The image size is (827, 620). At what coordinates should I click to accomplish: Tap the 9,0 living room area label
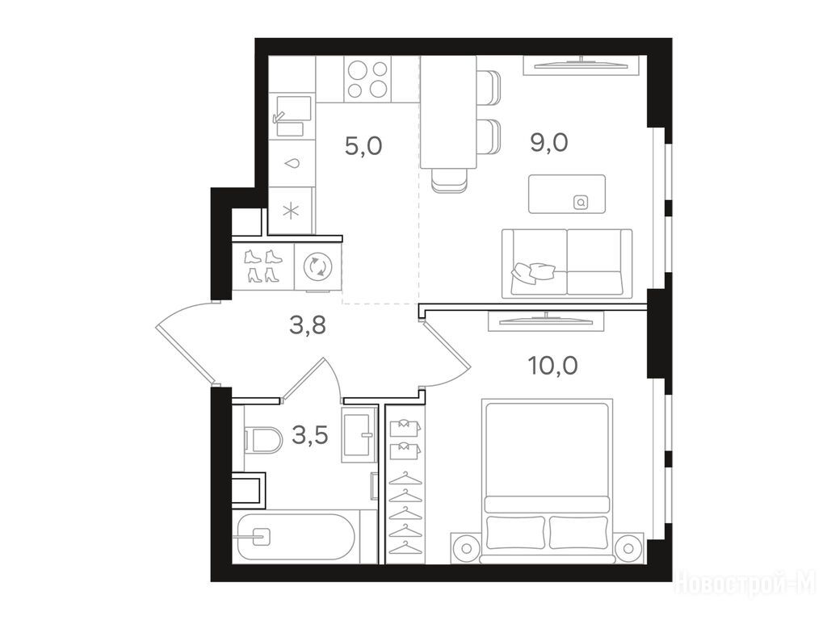(549, 142)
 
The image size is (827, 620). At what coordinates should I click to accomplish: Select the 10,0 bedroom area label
(552, 366)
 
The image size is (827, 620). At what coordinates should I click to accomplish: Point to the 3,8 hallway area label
(308, 325)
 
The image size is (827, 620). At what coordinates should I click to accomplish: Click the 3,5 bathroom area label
(310, 436)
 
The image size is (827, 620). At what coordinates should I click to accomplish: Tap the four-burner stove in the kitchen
(368, 79)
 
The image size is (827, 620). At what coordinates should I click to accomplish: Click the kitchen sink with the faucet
(291, 116)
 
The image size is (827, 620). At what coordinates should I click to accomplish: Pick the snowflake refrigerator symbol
(291, 212)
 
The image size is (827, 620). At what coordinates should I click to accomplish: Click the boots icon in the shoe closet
(264, 266)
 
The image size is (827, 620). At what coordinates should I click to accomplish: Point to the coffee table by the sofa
(567, 194)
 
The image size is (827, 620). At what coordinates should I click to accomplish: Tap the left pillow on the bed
(516, 532)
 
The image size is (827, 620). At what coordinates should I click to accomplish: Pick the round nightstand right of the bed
(628, 548)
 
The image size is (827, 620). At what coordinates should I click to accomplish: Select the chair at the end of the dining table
(449, 180)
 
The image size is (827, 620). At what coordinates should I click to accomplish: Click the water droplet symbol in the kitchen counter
(291, 164)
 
